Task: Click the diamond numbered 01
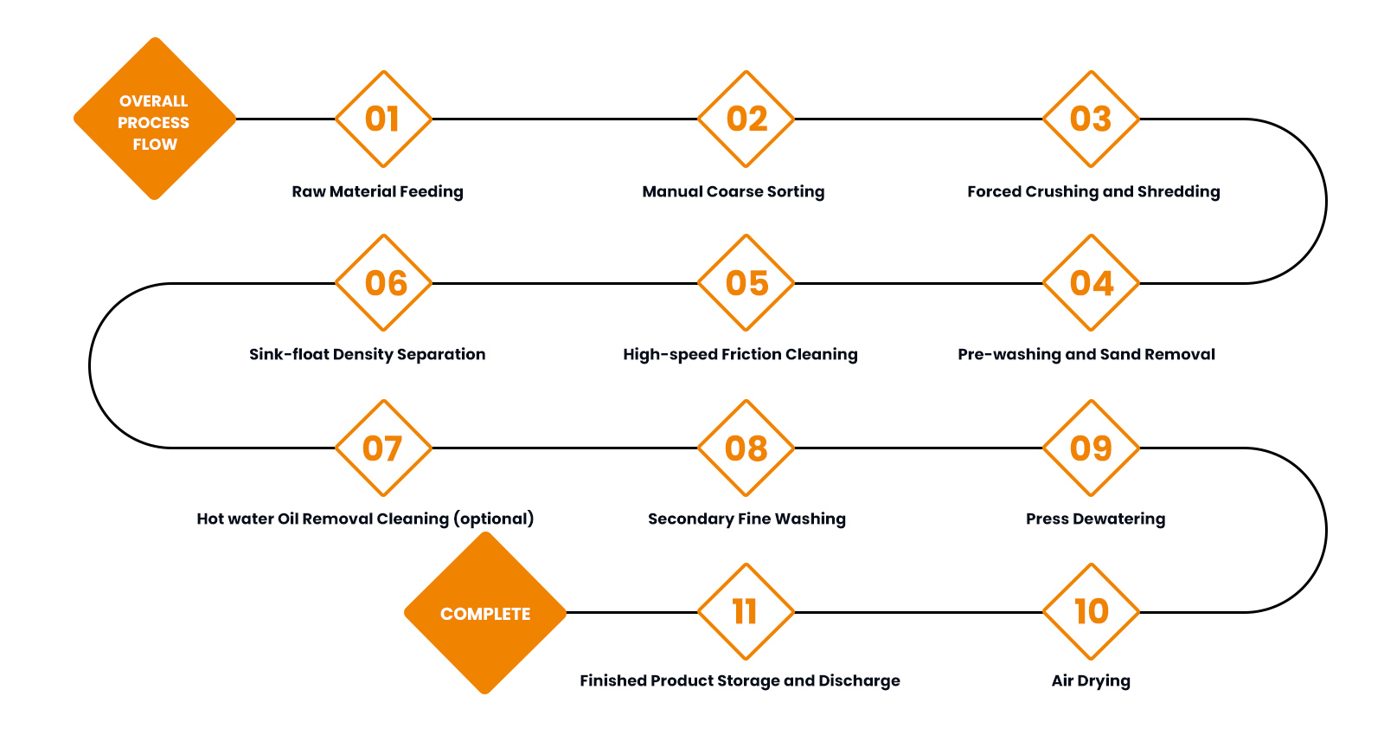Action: coord(383,119)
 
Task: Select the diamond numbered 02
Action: coord(746,119)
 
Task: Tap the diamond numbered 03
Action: coord(1091,119)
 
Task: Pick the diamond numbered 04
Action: coord(1091,283)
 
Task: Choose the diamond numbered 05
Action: coord(746,283)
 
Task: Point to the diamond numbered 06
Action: coord(383,283)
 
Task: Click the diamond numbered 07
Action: coord(383,448)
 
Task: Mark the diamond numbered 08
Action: coord(746,448)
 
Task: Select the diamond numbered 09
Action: coord(1091,448)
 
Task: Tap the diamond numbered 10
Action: coord(1091,612)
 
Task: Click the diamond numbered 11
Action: coord(746,612)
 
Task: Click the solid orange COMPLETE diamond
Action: coord(485,613)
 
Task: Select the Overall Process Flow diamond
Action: coord(155,119)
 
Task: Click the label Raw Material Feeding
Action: coord(377,191)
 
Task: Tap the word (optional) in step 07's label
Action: coord(494,519)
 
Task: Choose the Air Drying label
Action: coord(1091,680)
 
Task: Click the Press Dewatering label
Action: coord(1095,519)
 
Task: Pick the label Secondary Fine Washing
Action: coord(746,519)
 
